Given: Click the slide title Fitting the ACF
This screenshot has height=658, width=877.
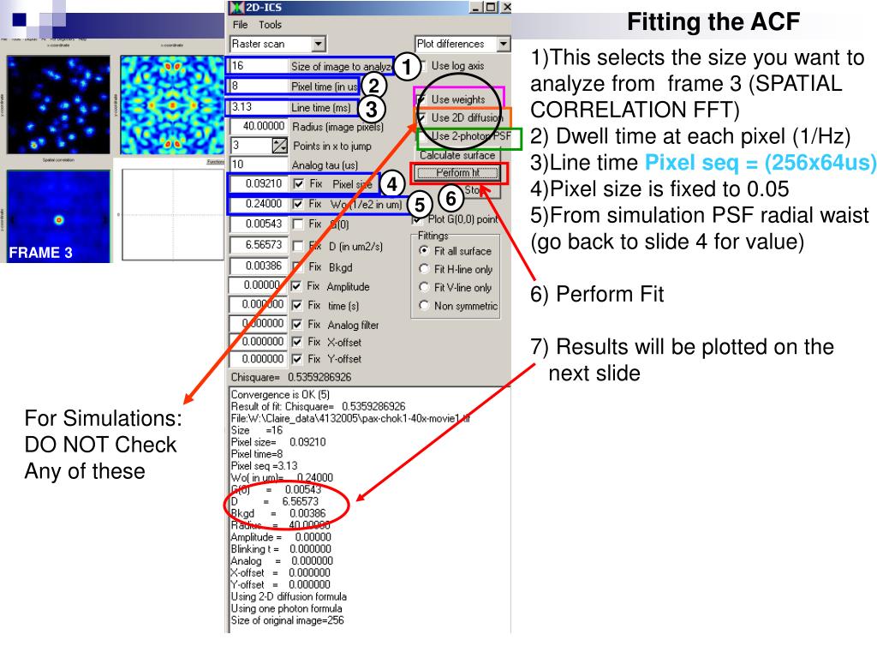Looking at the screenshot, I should pyautogui.click(x=713, y=22).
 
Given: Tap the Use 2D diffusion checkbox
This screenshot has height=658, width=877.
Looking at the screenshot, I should pyautogui.click(x=423, y=117).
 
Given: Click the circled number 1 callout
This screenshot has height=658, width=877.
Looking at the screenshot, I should pyautogui.click(x=408, y=66).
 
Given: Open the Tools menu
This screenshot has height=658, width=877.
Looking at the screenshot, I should pyautogui.click(x=270, y=25).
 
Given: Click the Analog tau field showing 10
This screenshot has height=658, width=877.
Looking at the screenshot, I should pyautogui.click(x=258, y=164).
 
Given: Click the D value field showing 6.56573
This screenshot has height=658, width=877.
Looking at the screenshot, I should pyautogui.click(x=258, y=245).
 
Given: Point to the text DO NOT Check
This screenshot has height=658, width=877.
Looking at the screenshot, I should pyautogui.click(x=100, y=445).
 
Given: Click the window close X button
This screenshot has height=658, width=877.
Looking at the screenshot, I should pyautogui.click(x=505, y=7).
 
